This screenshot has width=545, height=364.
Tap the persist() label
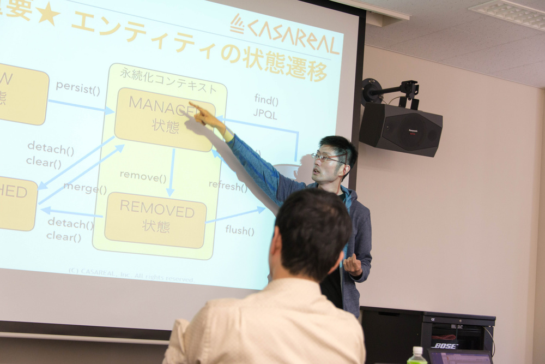[x=77, y=87]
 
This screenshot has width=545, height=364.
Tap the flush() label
[x=240, y=230]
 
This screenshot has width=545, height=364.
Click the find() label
[x=266, y=100]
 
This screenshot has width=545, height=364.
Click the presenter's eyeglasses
[x=326, y=158]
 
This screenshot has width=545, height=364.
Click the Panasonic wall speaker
[x=400, y=129]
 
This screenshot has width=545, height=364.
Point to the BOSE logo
[x=446, y=345]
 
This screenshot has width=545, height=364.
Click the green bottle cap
[x=417, y=350]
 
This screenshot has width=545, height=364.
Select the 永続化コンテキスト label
[x=168, y=87]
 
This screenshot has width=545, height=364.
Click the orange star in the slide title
[x=48, y=14]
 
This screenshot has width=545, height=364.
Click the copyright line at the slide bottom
[x=131, y=275]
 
